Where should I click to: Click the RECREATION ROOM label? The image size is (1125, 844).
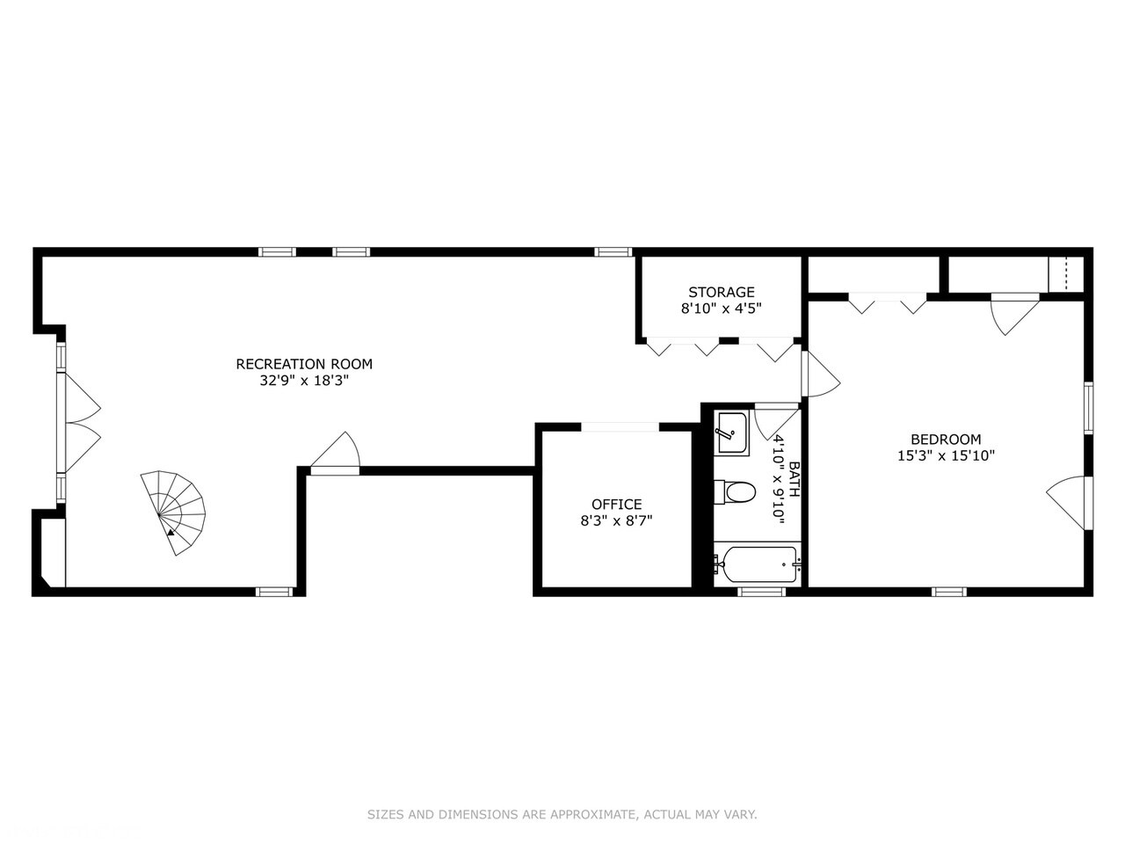pos(304,364)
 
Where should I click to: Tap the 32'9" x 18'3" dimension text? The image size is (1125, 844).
pos(304,381)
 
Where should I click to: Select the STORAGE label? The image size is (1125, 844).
pos(721,292)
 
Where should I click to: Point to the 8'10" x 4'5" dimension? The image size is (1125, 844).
pos(721,309)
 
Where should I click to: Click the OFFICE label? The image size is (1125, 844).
pos(617,505)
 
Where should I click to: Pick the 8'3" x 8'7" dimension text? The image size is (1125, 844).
pos(616,521)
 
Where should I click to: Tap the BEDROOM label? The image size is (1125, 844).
pos(946,440)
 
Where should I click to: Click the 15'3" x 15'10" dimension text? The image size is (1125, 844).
pos(946,455)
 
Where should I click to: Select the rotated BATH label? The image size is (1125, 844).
pos(794,479)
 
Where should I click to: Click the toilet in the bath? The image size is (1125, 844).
pos(735,493)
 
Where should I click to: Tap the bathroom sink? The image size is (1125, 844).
pos(732,433)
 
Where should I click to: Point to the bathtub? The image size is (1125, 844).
pos(758,564)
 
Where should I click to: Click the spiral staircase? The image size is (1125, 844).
pos(174,512)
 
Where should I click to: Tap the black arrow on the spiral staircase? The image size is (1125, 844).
pos(171,533)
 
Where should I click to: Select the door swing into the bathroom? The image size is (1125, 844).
pos(776,422)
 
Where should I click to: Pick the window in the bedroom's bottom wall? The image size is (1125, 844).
pos(948,592)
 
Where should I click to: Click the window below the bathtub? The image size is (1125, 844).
pos(761,592)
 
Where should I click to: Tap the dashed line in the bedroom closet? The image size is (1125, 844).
pos(1065,274)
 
